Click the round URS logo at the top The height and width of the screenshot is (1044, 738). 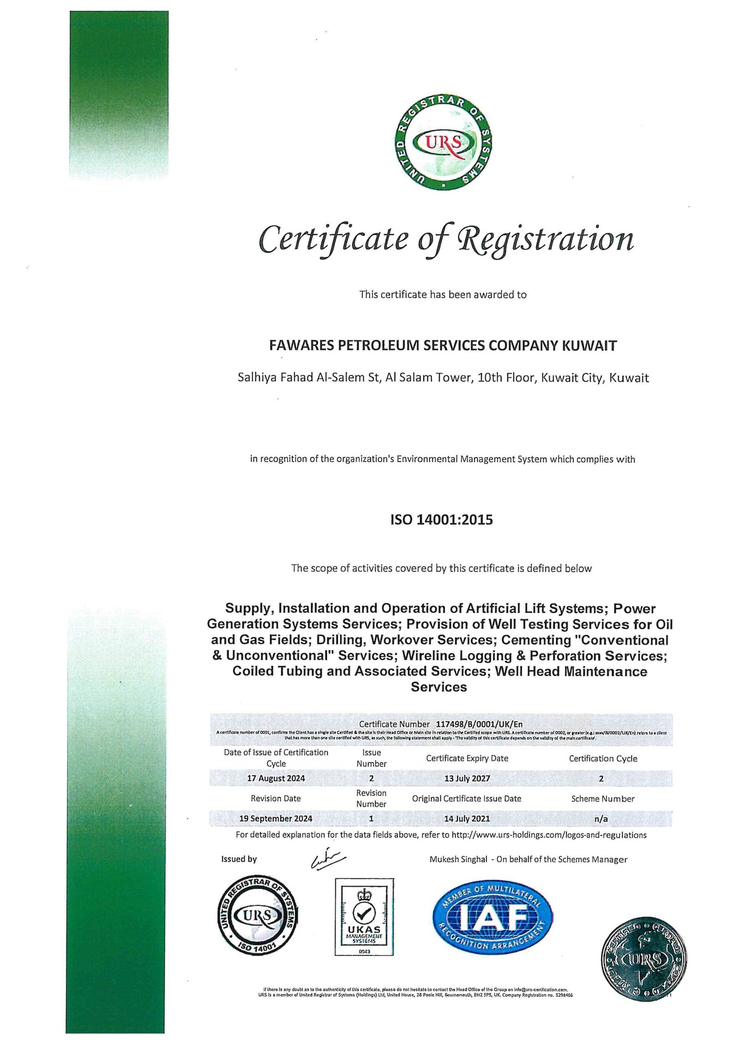coord(444,143)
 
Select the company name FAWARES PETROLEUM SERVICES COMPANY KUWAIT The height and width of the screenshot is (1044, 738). coord(443,346)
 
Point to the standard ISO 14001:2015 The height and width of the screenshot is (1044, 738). coord(441,520)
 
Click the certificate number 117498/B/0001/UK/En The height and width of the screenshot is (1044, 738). coord(479,724)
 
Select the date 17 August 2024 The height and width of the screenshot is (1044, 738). coord(276,778)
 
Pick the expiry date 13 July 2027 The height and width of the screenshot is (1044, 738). coord(467,778)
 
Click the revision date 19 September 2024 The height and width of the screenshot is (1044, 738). coord(275,818)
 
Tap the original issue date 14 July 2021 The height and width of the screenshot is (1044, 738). coord(467,818)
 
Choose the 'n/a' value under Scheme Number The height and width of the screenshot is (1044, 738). coord(601,819)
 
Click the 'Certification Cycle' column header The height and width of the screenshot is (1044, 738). coord(603,758)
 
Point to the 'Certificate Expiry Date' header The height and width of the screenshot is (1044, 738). coord(467,758)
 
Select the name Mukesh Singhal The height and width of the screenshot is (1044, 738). coord(458,859)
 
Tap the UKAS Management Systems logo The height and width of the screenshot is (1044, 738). coord(364,917)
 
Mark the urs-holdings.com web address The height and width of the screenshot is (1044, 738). coord(549,835)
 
